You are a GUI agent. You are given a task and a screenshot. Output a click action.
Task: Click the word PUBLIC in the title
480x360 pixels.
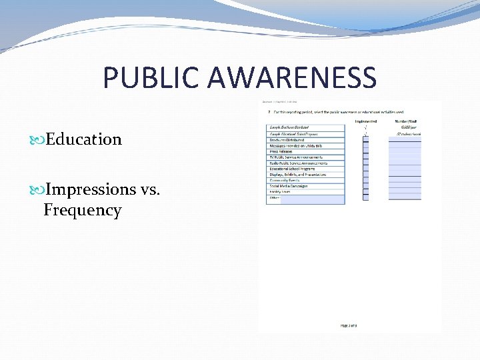click(151, 78)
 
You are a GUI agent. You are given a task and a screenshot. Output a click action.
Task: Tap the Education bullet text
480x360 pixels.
click(83, 139)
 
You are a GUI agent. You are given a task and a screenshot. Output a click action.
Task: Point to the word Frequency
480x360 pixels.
click(83, 211)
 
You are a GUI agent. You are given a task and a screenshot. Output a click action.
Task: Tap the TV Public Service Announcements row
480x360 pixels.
click(296, 157)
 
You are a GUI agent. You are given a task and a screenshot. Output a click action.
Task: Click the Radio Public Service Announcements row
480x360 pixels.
click(298, 163)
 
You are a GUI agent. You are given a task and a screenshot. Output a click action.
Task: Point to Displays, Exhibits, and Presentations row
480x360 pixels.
click(297, 175)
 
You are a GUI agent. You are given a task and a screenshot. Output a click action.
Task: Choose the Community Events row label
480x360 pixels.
click(285, 181)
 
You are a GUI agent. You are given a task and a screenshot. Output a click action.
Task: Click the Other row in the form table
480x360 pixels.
click(273, 198)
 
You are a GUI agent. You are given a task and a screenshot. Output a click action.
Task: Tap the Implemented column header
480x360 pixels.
click(366, 121)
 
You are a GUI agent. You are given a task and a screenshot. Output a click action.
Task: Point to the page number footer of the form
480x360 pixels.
click(349, 325)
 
